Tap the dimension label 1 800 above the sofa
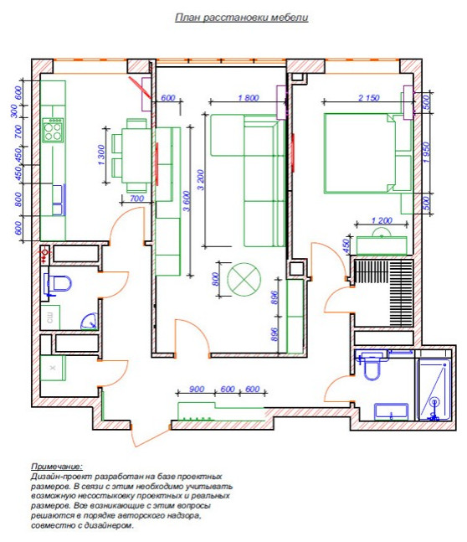[x=248, y=99]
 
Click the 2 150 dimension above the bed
[x=368, y=99]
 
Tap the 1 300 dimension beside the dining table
[x=101, y=157]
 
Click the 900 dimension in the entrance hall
[x=198, y=390]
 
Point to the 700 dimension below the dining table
[x=137, y=199]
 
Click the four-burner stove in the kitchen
[x=54, y=132]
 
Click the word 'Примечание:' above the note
[x=56, y=465]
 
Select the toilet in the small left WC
[x=57, y=285]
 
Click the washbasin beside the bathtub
[x=389, y=411]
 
